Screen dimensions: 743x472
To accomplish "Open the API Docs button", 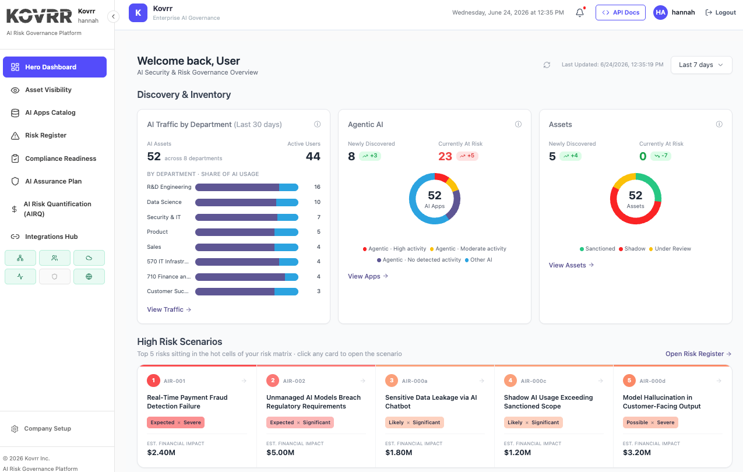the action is [x=620, y=13].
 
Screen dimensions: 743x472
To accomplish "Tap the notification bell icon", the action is [x=580, y=13].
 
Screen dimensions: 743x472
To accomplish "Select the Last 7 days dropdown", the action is [x=701, y=65].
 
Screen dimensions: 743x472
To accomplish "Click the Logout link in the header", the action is [x=720, y=13].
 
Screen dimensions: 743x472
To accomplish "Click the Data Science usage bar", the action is [x=247, y=202].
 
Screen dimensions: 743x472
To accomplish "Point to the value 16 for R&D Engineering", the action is [x=317, y=187].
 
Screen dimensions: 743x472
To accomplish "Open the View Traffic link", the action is [x=169, y=309].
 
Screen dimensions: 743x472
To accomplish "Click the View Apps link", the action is [x=368, y=276].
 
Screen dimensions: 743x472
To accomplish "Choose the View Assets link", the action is [x=571, y=265].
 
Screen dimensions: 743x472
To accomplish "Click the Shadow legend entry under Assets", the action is [x=632, y=249].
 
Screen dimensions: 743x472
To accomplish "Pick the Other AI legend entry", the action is [x=478, y=260].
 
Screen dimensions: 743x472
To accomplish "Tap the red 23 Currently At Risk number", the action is [x=445, y=156].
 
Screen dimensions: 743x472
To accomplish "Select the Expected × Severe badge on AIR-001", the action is [x=175, y=422].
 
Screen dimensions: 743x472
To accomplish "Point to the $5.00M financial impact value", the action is [x=280, y=453].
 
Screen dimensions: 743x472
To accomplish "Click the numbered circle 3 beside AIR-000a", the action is [x=392, y=381].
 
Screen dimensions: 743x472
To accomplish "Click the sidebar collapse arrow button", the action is [x=113, y=16].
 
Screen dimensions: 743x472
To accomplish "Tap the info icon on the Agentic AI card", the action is [x=518, y=124].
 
